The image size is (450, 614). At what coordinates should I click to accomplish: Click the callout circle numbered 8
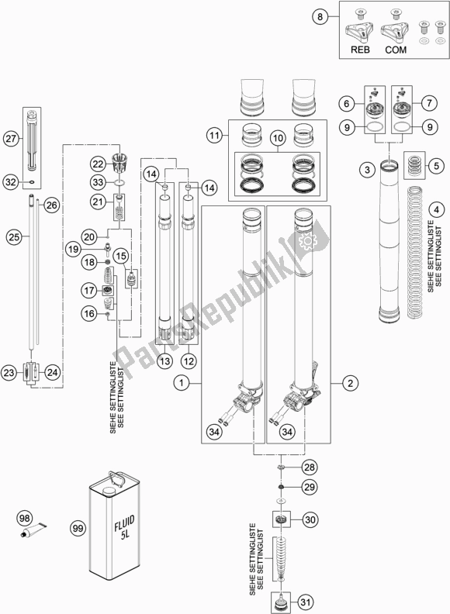click(x=320, y=17)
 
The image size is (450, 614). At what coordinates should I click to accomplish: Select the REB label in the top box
click(x=360, y=50)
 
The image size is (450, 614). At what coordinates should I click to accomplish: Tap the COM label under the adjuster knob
click(x=396, y=50)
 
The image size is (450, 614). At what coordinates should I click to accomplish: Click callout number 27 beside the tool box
click(x=12, y=139)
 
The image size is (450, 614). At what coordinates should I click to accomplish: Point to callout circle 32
click(x=12, y=181)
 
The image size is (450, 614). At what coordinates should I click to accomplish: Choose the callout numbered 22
click(x=98, y=164)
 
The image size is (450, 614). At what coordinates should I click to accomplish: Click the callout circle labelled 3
click(x=367, y=170)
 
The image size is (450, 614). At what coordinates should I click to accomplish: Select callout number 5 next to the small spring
click(x=436, y=166)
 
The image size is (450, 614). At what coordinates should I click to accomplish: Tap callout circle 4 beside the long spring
click(x=436, y=210)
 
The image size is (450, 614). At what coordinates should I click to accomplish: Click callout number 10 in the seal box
click(x=278, y=138)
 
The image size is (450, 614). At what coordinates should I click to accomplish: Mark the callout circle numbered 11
click(x=214, y=136)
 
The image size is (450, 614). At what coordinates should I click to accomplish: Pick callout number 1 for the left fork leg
click(x=182, y=382)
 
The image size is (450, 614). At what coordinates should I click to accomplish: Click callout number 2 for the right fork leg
click(x=350, y=382)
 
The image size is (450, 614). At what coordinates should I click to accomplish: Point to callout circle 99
click(x=78, y=528)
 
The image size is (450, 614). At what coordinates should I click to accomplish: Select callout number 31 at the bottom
click(x=305, y=602)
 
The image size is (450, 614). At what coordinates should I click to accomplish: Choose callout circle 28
click(x=310, y=467)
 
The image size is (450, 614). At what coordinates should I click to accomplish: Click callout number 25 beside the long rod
click(x=14, y=237)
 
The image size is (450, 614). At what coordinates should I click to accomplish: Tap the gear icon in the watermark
click(x=307, y=242)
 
